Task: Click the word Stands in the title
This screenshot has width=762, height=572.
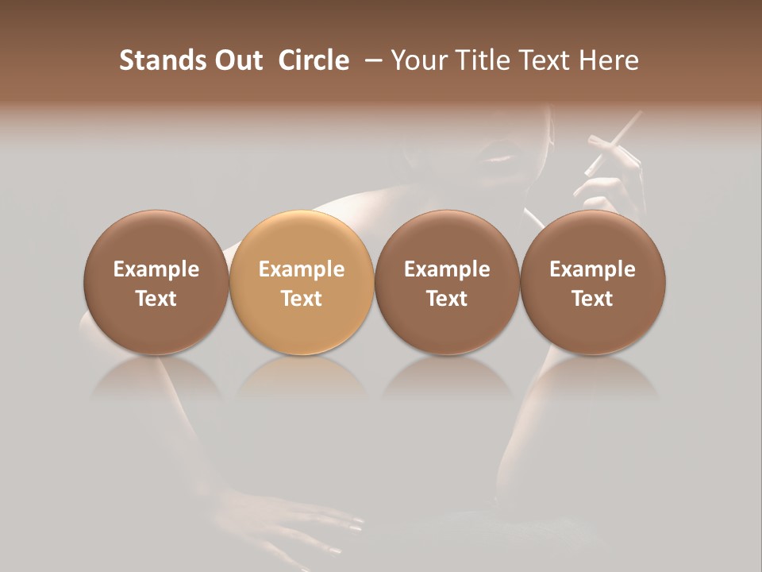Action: coord(161,60)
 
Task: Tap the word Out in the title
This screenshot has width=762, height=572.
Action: coord(237,60)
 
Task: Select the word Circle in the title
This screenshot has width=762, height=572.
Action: coord(314,60)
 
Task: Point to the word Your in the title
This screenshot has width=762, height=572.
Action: coord(415,60)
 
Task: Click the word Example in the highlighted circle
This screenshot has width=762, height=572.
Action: coord(302,269)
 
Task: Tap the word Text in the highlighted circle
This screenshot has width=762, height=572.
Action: coord(302,299)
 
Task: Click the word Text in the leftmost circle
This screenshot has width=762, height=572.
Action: coord(156,299)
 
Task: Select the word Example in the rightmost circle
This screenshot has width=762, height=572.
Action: coord(593,269)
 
